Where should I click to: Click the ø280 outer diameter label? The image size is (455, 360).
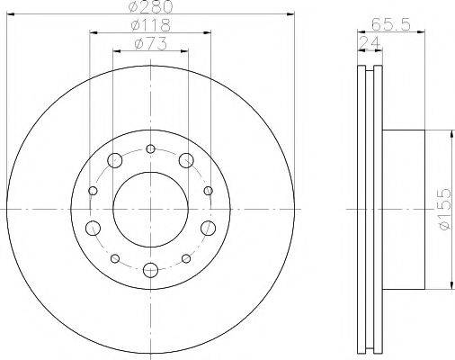click(x=149, y=8)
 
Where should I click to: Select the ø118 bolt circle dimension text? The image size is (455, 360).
click(x=148, y=26)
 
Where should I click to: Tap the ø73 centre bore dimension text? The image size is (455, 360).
click(x=148, y=44)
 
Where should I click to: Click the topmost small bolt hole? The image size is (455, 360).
click(x=150, y=148)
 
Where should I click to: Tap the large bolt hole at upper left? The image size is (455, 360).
click(x=114, y=161)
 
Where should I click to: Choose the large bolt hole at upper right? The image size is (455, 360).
click(x=186, y=161)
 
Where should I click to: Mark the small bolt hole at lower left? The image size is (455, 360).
click(x=115, y=257)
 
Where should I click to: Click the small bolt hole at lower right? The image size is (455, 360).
click(x=185, y=257)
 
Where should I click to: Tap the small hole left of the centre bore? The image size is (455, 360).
click(x=93, y=191)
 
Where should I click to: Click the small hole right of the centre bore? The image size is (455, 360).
click(x=208, y=191)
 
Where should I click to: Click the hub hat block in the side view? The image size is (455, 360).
click(x=402, y=209)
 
